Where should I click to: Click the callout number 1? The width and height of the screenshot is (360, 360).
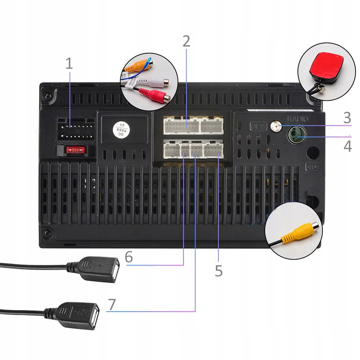(69, 64)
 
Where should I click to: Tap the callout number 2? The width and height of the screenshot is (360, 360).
(186, 42)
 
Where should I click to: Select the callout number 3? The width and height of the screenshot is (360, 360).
(347, 118)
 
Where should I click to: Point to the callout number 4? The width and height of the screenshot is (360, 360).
(347, 146)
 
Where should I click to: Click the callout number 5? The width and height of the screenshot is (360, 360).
(219, 271)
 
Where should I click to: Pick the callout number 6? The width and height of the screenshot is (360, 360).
(129, 257)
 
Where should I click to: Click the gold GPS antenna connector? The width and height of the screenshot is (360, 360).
(274, 127)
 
